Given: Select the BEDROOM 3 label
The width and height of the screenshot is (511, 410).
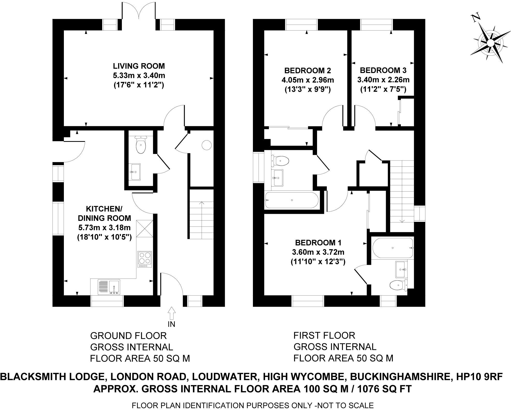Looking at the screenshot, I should click(383, 70).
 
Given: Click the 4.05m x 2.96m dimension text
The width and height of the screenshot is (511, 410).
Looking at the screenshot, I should click(307, 80).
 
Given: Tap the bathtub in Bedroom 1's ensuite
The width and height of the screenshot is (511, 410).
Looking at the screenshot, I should click(393, 248).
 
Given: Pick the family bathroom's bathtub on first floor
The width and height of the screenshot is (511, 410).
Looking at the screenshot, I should click(292, 200).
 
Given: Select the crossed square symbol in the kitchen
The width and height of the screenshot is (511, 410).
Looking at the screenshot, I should click(145, 228).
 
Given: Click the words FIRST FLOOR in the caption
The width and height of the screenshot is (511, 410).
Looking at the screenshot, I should click(324, 335).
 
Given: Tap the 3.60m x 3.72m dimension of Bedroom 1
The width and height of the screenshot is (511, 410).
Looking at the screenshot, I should click(318, 252).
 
